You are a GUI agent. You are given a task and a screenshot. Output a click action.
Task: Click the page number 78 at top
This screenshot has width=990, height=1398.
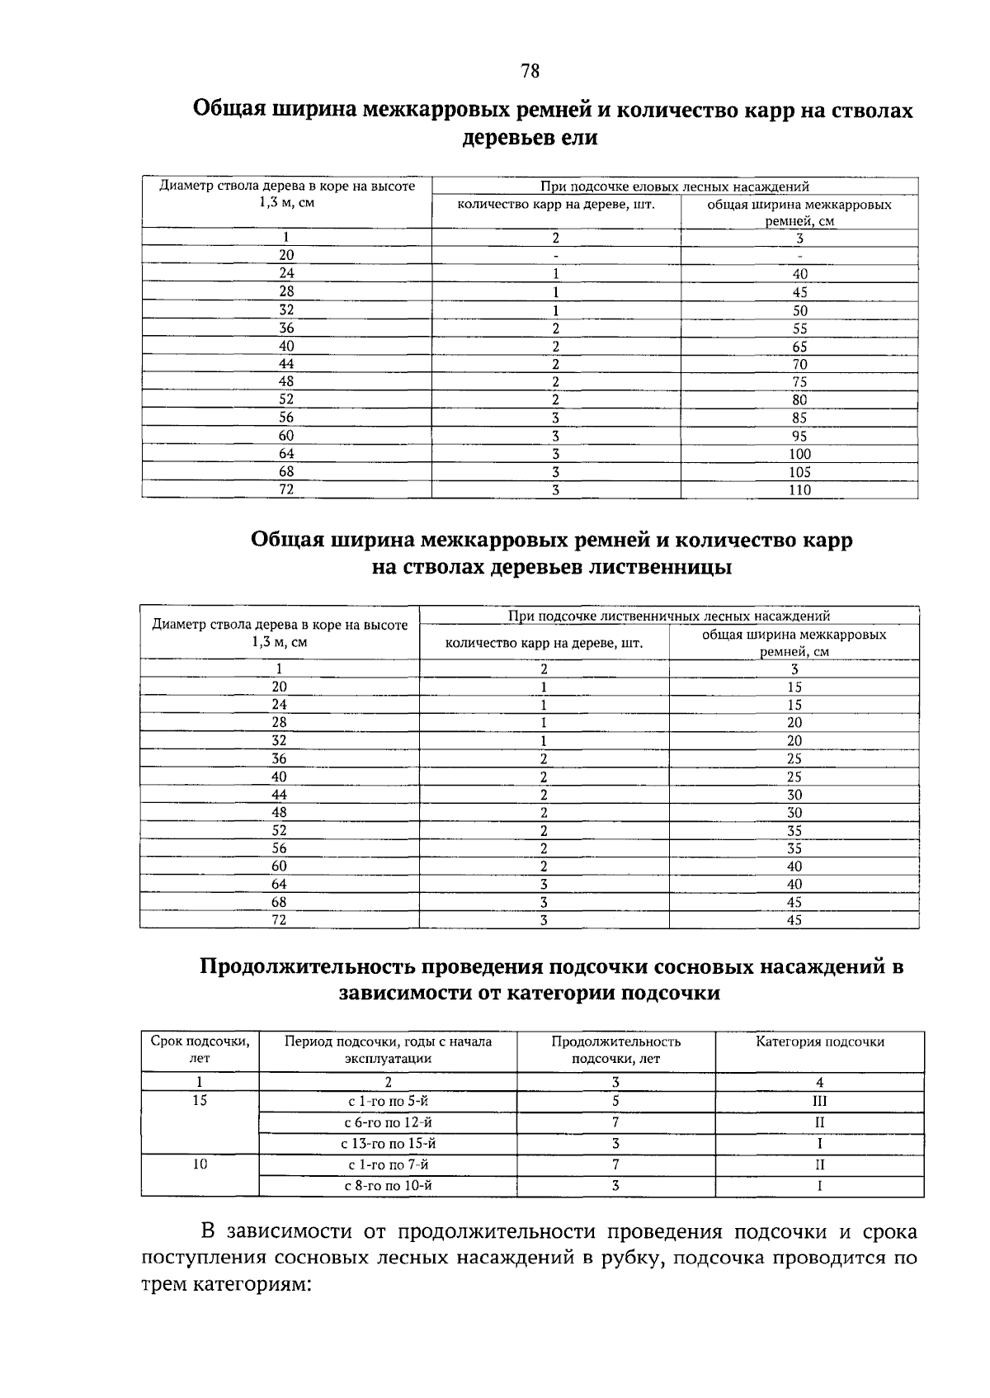(x=530, y=72)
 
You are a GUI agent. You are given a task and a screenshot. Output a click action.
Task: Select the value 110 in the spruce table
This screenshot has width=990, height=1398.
(x=799, y=490)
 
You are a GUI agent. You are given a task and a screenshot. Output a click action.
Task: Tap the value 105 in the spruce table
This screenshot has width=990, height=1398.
(x=799, y=472)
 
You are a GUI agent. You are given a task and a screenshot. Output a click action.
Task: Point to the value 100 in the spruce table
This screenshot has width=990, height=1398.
(x=799, y=454)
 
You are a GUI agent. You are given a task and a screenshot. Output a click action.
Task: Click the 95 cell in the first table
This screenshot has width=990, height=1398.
(x=799, y=436)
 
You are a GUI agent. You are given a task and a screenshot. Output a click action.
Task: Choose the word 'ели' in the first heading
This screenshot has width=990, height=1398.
(x=577, y=138)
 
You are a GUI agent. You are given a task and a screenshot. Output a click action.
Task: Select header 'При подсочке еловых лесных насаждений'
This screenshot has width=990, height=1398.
(x=674, y=187)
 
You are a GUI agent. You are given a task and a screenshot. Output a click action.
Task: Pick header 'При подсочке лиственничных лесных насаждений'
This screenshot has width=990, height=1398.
(x=669, y=616)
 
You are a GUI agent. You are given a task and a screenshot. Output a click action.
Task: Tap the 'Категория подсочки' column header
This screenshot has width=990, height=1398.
(x=820, y=1041)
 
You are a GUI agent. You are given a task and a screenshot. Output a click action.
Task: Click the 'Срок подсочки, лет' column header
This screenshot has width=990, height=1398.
(x=200, y=1050)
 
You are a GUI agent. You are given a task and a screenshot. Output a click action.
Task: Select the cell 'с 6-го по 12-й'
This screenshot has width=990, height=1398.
(x=388, y=1122)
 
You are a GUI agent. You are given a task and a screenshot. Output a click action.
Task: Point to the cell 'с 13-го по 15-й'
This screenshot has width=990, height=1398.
(x=388, y=1144)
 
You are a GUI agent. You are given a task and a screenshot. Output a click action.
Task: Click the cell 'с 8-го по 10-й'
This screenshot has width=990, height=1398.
(x=388, y=1186)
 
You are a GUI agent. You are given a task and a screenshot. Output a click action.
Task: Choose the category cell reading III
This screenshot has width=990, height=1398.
(x=819, y=1101)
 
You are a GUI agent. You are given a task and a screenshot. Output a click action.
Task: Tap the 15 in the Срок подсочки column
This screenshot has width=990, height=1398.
(x=200, y=1101)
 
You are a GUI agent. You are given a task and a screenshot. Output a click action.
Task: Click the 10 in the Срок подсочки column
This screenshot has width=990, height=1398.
(x=200, y=1164)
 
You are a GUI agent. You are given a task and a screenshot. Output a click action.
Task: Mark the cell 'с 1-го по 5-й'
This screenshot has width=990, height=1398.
(x=388, y=1101)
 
